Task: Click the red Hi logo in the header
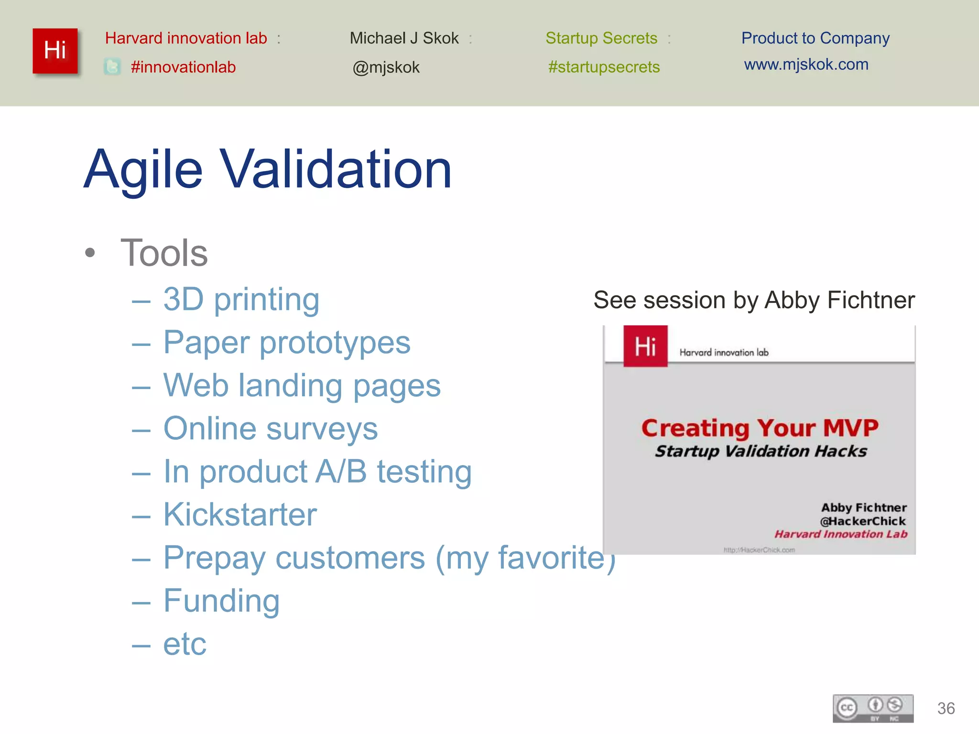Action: [x=55, y=51]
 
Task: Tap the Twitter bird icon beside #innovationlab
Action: [x=112, y=66]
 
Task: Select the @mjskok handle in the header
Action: [x=386, y=67]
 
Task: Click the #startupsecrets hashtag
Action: [x=604, y=67]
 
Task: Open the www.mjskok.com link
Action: [x=806, y=65]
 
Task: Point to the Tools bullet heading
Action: [x=164, y=253]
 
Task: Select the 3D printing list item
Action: [x=241, y=300]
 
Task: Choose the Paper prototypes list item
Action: [x=286, y=343]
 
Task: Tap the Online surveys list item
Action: [x=270, y=429]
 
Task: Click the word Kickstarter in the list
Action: [x=240, y=515]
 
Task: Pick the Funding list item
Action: [x=221, y=601]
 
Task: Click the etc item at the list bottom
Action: [x=185, y=644]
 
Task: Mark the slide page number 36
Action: [x=946, y=708]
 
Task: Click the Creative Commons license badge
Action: [x=873, y=708]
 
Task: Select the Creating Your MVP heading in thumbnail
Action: [x=760, y=428]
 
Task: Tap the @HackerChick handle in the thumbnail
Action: [x=863, y=521]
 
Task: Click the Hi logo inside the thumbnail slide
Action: [x=645, y=346]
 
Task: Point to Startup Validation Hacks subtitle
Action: [x=761, y=451]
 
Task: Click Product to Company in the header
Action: [x=815, y=38]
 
